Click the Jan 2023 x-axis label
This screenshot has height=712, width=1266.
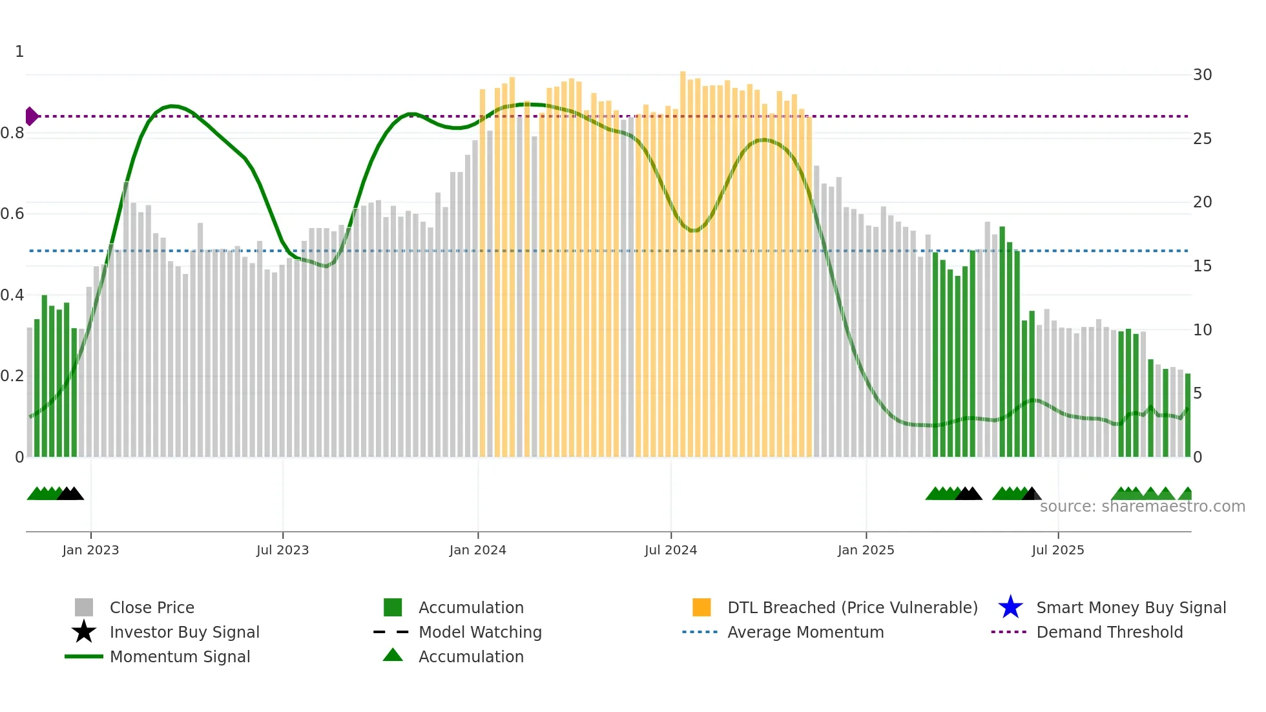coord(90,550)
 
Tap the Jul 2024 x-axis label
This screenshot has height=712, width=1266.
coord(670,550)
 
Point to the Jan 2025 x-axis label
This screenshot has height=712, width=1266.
coord(866,550)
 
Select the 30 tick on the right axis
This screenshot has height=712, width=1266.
coord(1202,75)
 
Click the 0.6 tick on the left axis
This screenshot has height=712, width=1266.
coord(12,214)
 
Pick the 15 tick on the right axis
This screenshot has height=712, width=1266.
coord(1202,266)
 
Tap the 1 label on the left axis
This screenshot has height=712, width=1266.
coord(19,52)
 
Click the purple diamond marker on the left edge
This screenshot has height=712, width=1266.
coord(31,116)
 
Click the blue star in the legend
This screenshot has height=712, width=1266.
coord(1010,607)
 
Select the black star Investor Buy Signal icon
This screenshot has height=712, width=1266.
coord(84,632)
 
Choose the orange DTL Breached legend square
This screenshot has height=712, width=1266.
coord(701,607)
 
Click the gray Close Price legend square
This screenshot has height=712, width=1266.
coord(84,607)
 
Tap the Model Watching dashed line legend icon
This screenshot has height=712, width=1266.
coord(391,632)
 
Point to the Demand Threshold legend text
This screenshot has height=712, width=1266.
coord(1109,632)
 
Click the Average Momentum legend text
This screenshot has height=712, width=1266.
coord(805,632)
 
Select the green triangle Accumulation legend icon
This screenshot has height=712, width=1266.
coord(393,655)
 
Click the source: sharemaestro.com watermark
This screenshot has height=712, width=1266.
coord(1142,507)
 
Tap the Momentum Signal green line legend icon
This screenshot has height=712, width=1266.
coord(84,656)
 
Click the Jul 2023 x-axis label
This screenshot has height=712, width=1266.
coord(282,550)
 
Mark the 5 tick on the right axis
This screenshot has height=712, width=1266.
coord(1198,393)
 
